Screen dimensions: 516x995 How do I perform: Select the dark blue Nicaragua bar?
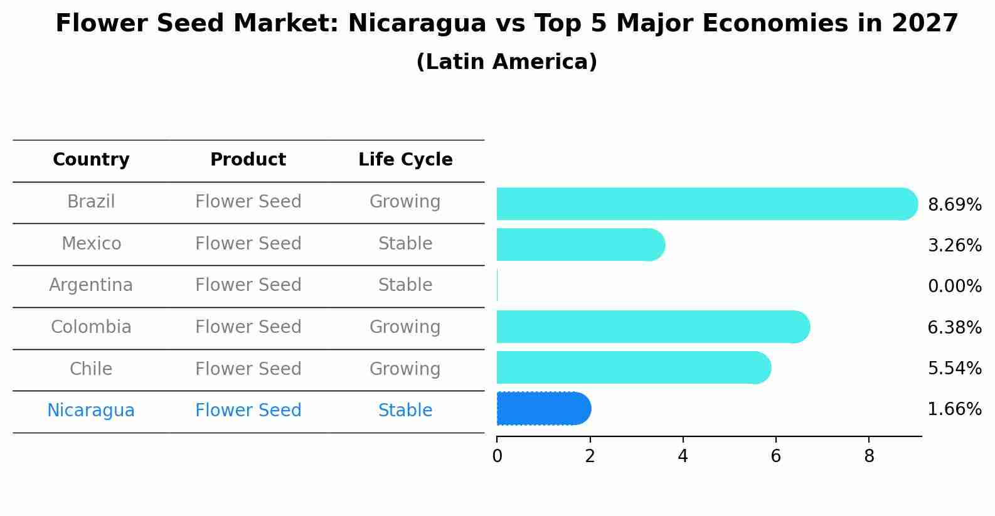pyautogui.click(x=543, y=409)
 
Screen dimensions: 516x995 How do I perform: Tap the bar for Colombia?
pyautogui.click(x=652, y=327)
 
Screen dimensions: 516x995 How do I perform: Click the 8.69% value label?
pyautogui.click(x=954, y=205)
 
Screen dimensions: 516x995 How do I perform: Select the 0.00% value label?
pyautogui.click(x=954, y=287)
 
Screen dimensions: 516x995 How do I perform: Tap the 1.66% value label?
pyautogui.click(x=954, y=409)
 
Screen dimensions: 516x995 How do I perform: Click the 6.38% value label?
pyautogui.click(x=954, y=327)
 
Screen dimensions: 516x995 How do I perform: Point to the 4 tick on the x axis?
pyautogui.click(x=683, y=456)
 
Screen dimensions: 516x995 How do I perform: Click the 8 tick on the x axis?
pyautogui.click(x=868, y=456)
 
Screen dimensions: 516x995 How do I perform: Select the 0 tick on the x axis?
pyautogui.click(x=497, y=456)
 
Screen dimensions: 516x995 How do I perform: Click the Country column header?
pyautogui.click(x=91, y=160)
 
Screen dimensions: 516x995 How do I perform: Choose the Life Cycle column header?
pyautogui.click(x=405, y=160)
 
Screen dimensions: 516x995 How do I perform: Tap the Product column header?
pyautogui.click(x=248, y=160)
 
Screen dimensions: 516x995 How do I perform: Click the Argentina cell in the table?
pyautogui.click(x=91, y=285)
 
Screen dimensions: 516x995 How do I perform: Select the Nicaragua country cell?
pyautogui.click(x=91, y=411)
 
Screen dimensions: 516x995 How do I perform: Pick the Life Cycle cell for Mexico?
pyautogui.click(x=405, y=244)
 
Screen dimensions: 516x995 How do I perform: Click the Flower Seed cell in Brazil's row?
pyautogui.click(x=248, y=202)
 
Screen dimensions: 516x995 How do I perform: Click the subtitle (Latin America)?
pyautogui.click(x=506, y=62)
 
